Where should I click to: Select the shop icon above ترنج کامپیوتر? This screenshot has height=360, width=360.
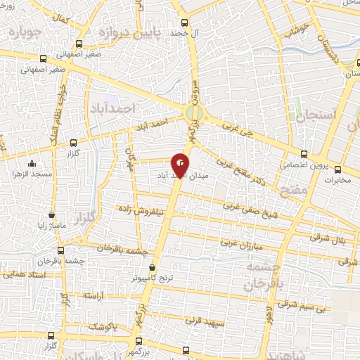click(x=153, y=268)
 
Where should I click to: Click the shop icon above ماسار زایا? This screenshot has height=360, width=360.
click(x=52, y=215)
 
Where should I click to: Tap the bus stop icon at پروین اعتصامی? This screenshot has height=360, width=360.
click(x=304, y=153)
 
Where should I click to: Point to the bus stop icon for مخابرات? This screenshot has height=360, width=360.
click(x=337, y=169)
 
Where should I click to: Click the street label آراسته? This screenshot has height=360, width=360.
click(x=94, y=297)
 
